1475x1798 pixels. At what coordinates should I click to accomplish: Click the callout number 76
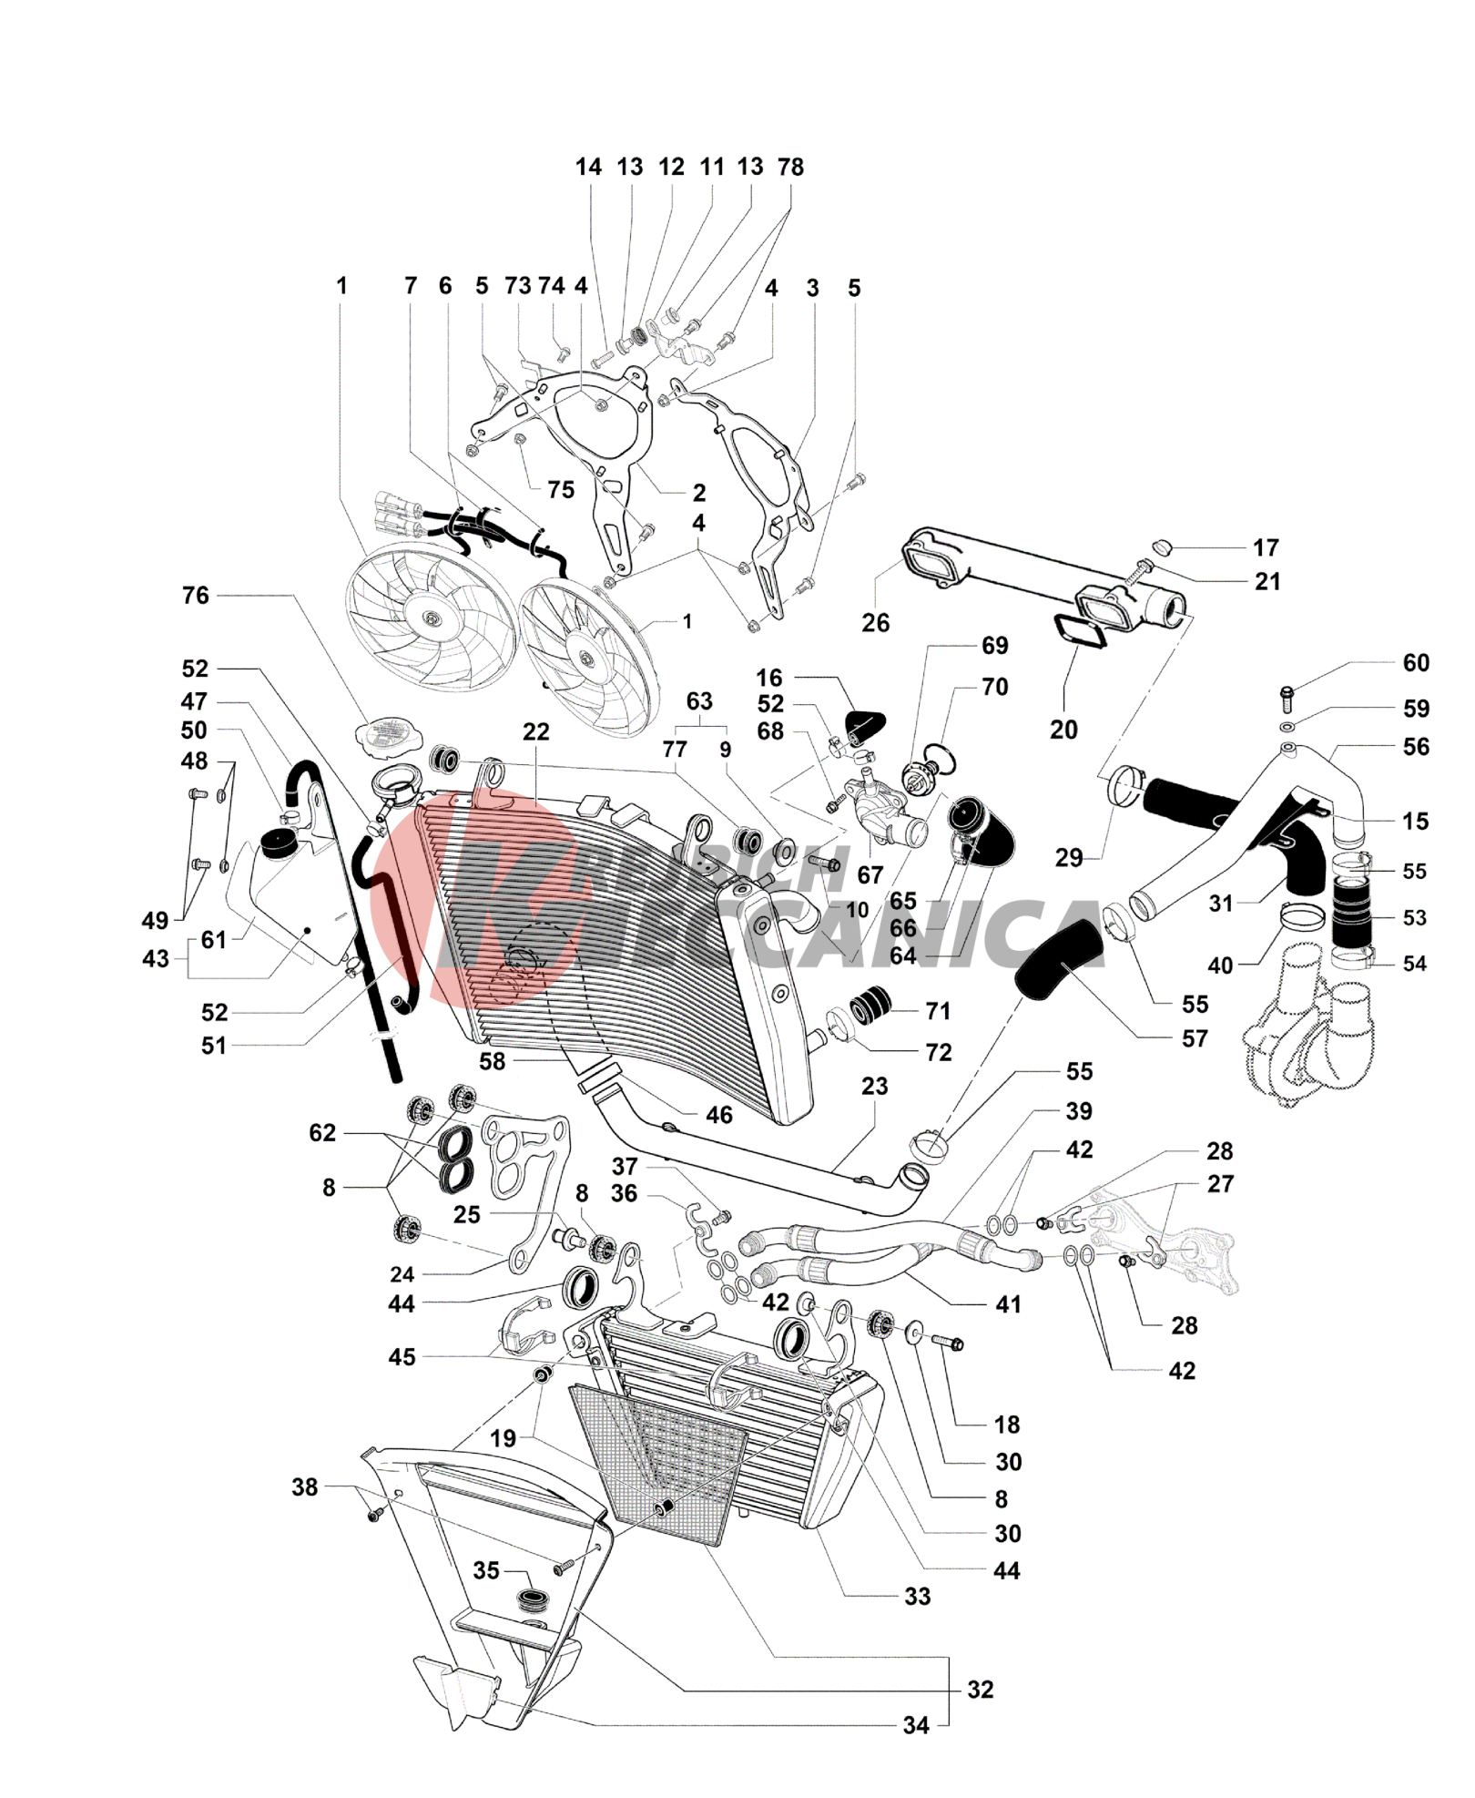(x=196, y=596)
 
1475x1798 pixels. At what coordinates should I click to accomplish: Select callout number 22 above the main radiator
(x=536, y=731)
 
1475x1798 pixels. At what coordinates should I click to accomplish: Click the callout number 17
(x=1266, y=547)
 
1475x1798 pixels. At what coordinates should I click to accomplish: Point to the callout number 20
(x=1063, y=730)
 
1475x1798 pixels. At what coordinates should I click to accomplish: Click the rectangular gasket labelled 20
(x=1080, y=631)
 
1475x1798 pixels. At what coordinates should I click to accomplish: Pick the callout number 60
(x=1416, y=663)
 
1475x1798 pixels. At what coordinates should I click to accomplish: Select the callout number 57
(x=1195, y=1038)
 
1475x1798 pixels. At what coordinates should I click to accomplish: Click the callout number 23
(x=874, y=1086)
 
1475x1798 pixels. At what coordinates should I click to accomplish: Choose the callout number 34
(x=916, y=1725)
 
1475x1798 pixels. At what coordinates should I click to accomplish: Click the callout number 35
(x=486, y=1570)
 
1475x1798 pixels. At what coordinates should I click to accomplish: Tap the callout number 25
(x=466, y=1214)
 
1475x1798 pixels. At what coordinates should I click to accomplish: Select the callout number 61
(x=214, y=939)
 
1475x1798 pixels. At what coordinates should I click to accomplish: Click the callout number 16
(x=769, y=678)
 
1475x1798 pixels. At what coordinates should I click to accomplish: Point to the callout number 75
(x=561, y=490)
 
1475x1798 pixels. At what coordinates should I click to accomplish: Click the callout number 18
(x=1007, y=1425)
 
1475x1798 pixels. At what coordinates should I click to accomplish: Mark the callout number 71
(x=938, y=1011)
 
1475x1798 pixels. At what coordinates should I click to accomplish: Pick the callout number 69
(x=994, y=646)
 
